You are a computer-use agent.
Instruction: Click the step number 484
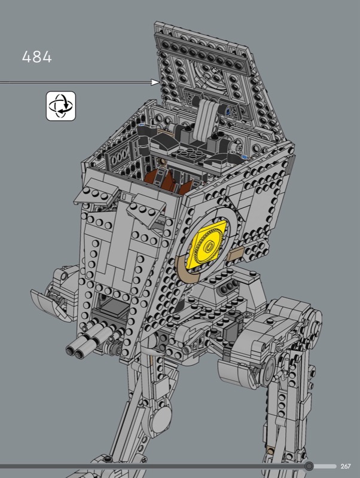point(37,57)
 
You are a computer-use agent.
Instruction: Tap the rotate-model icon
point(61,106)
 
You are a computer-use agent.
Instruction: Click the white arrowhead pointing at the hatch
point(155,82)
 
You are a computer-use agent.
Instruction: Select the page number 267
point(346,466)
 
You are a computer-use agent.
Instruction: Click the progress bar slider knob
point(309,466)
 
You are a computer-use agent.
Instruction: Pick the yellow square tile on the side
point(208,245)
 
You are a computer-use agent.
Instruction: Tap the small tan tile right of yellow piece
point(235,253)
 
